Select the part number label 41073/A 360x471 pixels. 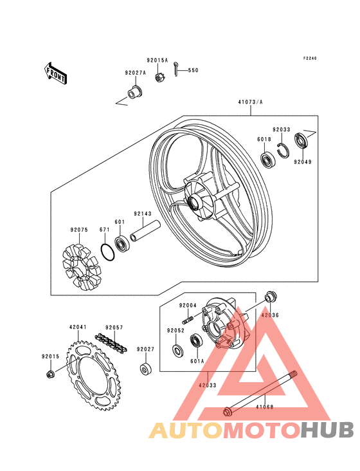point(251,102)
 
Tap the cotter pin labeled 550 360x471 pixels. point(177,69)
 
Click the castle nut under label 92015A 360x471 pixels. point(159,77)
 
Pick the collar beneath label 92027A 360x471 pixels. point(134,92)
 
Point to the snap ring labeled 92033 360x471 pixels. point(282,149)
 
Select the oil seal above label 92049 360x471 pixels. point(301,140)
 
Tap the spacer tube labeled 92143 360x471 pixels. point(145,231)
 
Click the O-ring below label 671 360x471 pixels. point(107,252)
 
